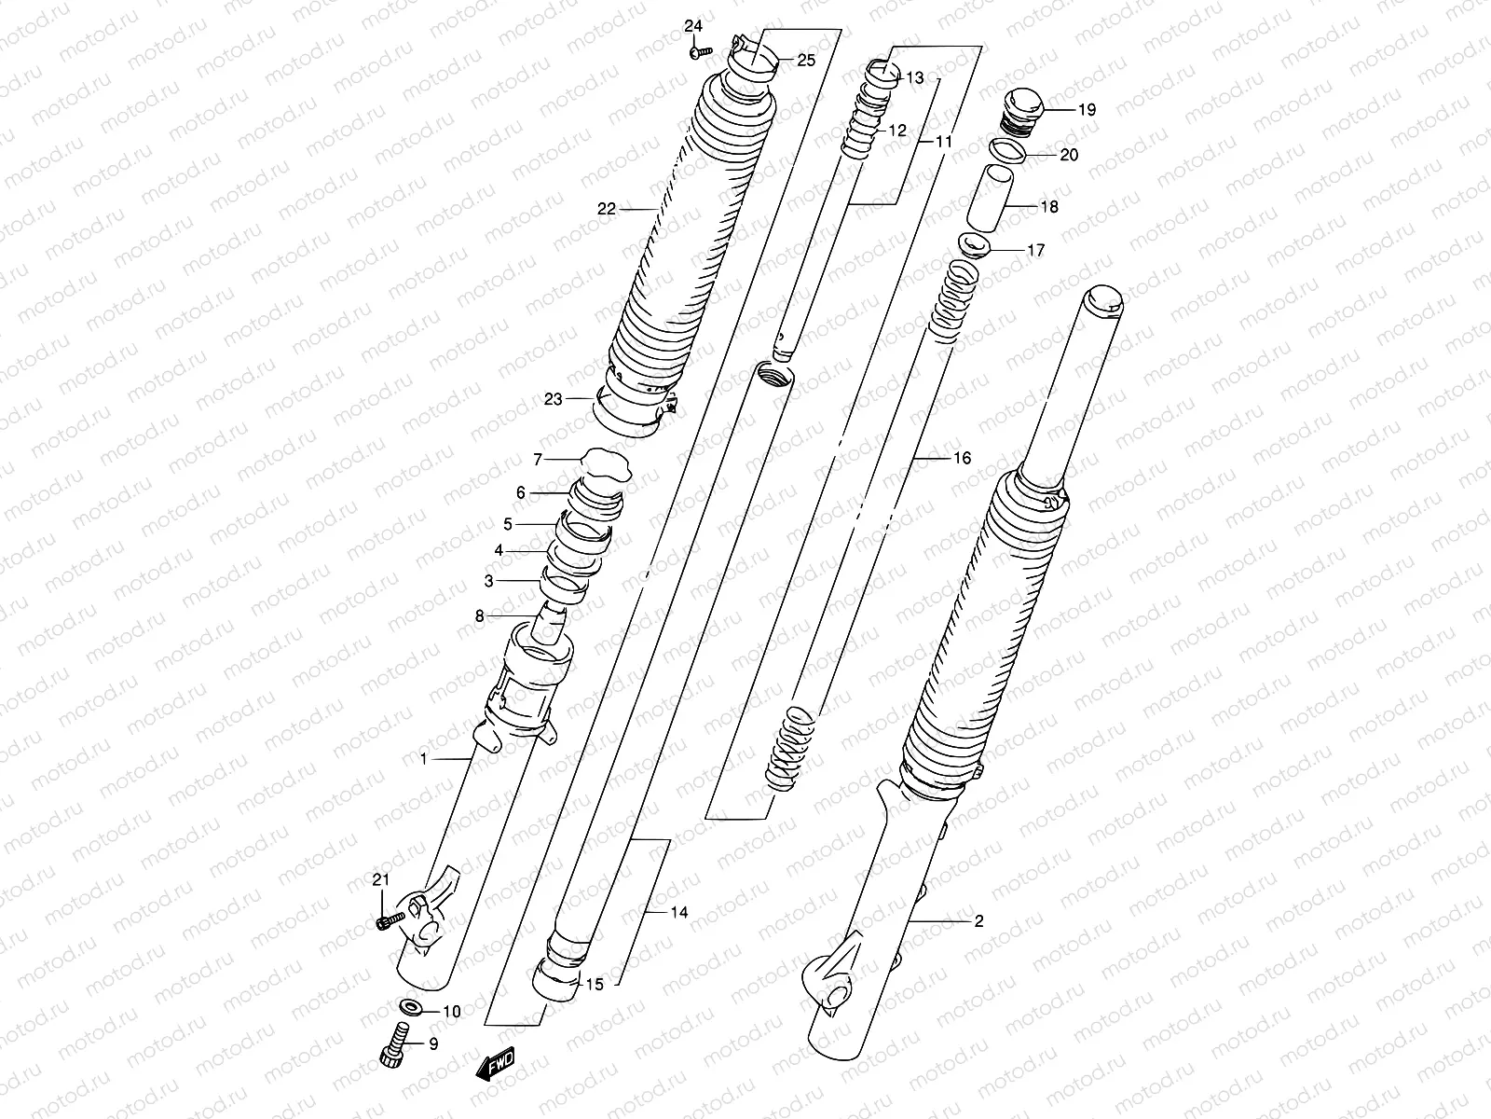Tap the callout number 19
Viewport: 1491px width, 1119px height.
click(x=1061, y=109)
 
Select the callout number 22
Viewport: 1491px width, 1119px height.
click(x=607, y=209)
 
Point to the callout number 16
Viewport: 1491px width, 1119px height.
click(x=962, y=458)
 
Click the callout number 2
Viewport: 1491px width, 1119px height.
click(x=978, y=921)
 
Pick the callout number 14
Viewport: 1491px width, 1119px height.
click(x=678, y=912)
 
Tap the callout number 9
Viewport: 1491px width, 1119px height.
click(x=433, y=1044)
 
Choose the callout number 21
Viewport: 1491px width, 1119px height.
click(x=380, y=879)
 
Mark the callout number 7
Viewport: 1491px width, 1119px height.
click(x=537, y=459)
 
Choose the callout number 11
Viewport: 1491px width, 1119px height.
click(x=944, y=143)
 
